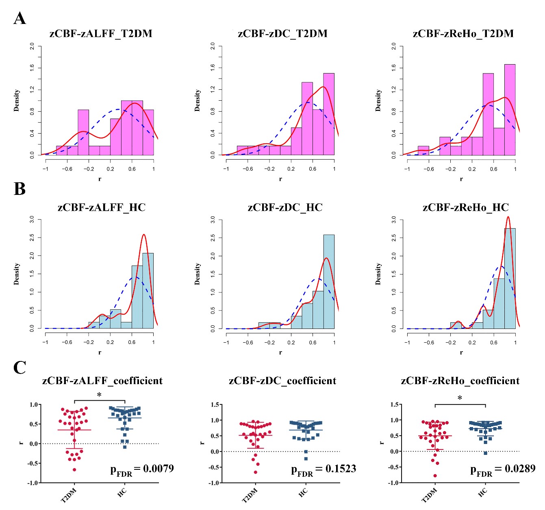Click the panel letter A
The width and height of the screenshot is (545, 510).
point(20,19)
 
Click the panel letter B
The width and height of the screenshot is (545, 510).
point(20,189)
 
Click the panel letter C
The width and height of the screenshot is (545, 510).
point(20,367)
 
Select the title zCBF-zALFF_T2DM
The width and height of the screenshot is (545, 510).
point(101,34)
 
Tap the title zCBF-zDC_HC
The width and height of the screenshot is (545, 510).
point(285,208)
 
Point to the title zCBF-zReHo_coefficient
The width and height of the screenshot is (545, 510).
point(460,381)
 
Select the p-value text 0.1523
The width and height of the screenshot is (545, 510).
point(341,469)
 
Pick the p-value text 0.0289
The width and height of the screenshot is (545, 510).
point(520,469)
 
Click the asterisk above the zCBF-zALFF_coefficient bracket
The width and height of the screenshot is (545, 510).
point(99,395)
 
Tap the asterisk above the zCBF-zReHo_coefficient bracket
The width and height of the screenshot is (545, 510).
point(460,398)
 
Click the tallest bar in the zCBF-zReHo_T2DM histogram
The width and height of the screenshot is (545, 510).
point(510,110)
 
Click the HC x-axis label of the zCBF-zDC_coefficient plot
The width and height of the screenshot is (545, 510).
point(303,493)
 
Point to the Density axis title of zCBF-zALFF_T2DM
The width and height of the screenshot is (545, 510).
point(17,100)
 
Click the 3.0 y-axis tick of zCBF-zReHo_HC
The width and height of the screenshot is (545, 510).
point(393,220)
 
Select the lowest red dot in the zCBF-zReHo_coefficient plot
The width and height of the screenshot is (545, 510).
point(435,475)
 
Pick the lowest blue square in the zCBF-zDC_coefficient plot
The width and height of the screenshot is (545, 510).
point(306,459)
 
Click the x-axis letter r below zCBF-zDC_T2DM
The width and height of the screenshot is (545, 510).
point(280,179)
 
